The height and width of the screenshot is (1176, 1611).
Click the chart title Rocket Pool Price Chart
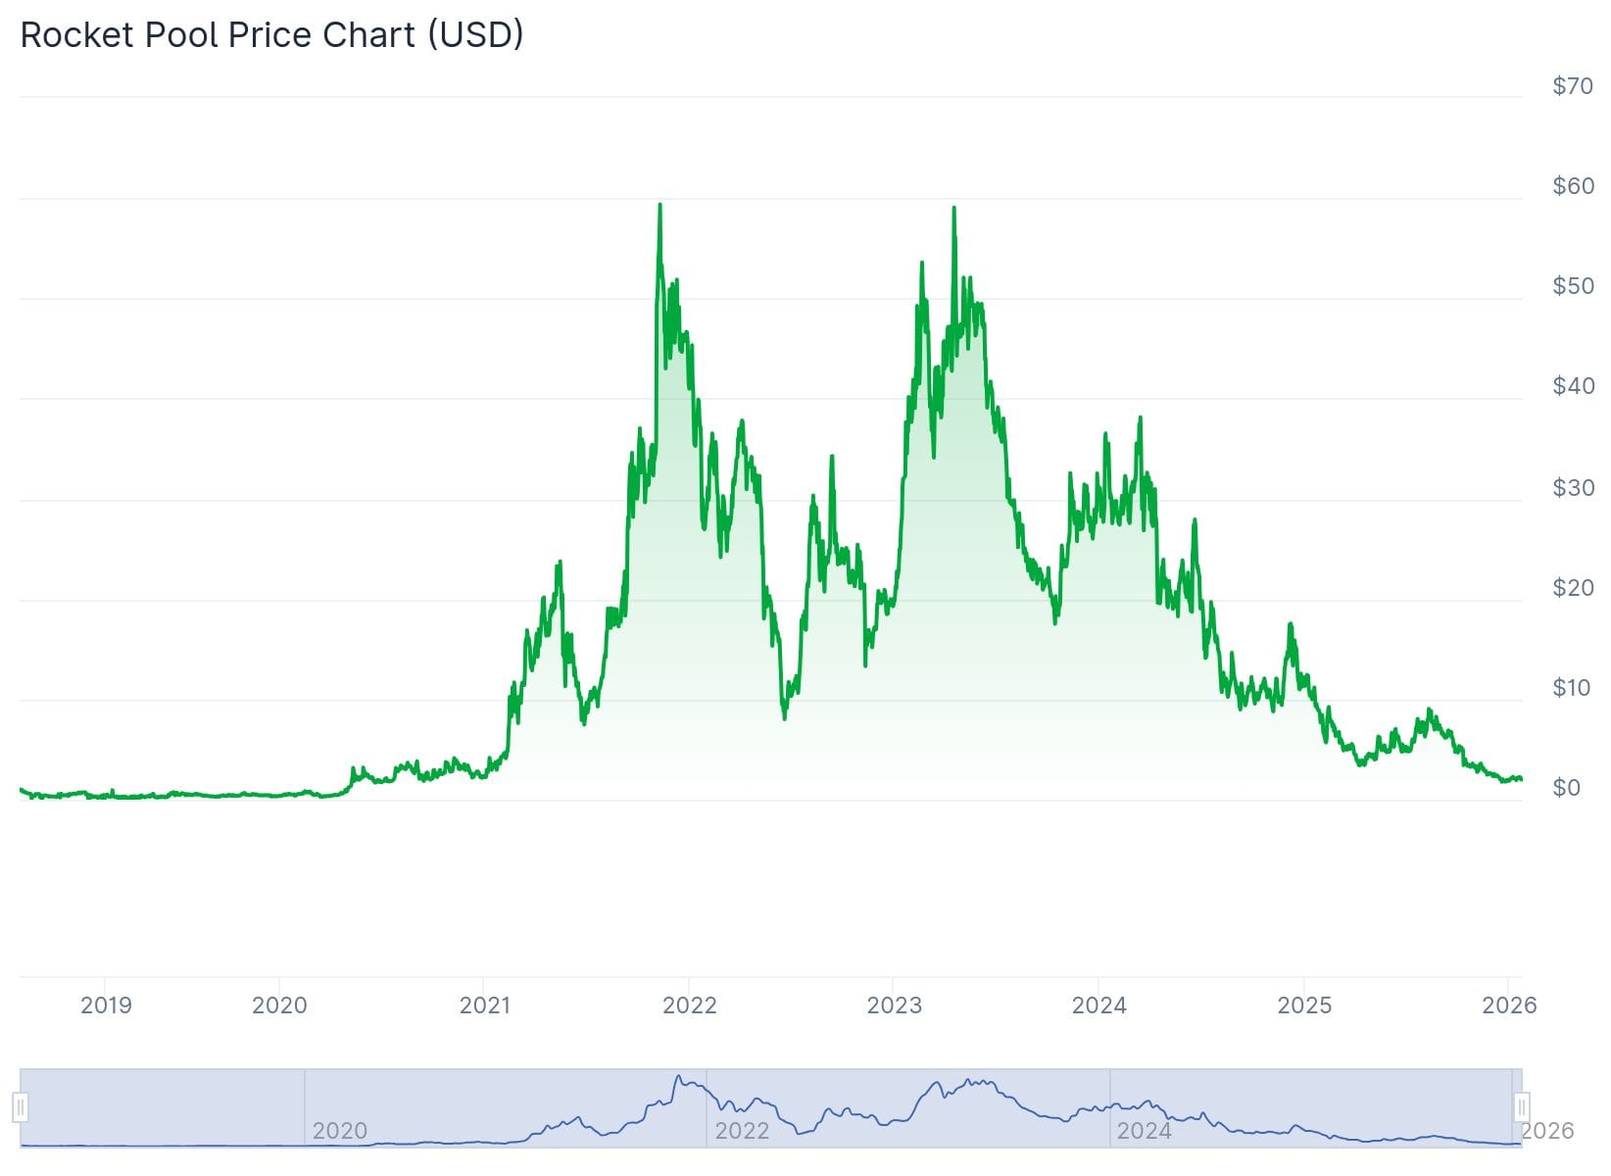[271, 35]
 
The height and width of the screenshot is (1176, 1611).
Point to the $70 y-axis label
[1572, 86]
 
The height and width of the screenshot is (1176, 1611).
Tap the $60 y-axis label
[1572, 186]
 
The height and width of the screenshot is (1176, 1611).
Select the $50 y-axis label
[1572, 286]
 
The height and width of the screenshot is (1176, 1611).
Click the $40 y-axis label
[1572, 386]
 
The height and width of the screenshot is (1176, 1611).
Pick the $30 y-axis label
[1572, 488]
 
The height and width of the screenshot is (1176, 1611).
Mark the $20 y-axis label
[1572, 588]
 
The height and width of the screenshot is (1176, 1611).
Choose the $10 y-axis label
[1572, 688]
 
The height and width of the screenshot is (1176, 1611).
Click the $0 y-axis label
[1566, 788]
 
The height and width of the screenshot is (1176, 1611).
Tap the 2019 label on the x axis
[106, 1005]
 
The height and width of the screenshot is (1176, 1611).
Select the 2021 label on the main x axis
[484, 1005]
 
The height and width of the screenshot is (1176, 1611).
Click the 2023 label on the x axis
[894, 1005]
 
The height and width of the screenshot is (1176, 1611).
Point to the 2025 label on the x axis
[1304, 1005]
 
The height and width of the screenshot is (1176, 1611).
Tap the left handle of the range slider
[21, 1108]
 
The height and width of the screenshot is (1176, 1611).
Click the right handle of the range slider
[1521, 1108]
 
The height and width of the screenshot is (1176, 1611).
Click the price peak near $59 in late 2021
[659, 206]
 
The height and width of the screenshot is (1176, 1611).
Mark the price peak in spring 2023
[953, 209]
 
